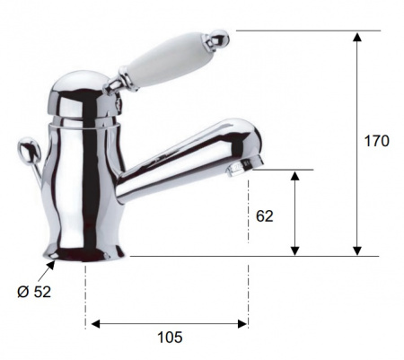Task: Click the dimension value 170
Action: pyautogui.click(x=376, y=141)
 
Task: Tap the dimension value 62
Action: pyautogui.click(x=265, y=216)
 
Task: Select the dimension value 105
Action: pyautogui.click(x=170, y=338)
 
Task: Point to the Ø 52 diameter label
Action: pyautogui.click(x=34, y=292)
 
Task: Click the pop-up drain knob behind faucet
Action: pyautogui.click(x=29, y=150)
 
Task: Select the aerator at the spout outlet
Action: pyautogui.click(x=245, y=168)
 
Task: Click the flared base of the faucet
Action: pyautogui.click(x=83, y=253)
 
